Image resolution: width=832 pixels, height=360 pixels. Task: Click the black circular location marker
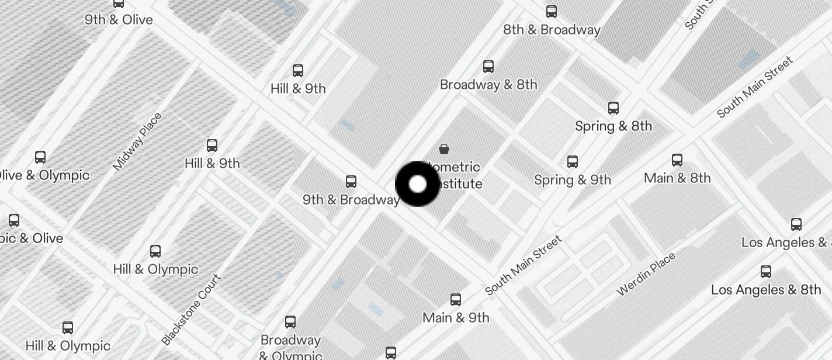pyautogui.click(x=417, y=184)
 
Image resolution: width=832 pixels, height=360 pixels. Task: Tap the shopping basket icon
pyautogui.click(x=444, y=148)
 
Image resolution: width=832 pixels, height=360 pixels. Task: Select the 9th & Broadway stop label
pyautogui.click(x=351, y=200)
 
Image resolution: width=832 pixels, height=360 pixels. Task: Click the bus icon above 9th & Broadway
pyautogui.click(x=351, y=182)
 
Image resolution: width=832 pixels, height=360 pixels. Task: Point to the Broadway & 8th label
pyautogui.click(x=488, y=85)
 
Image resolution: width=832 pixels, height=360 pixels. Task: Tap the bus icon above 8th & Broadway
pyautogui.click(x=551, y=11)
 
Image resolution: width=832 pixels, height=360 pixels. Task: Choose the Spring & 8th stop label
pyautogui.click(x=613, y=126)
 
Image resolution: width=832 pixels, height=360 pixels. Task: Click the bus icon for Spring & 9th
pyautogui.click(x=573, y=162)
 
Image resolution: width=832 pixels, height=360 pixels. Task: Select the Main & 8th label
pyautogui.click(x=677, y=178)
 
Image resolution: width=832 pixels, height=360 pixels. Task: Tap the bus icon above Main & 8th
pyautogui.click(x=677, y=160)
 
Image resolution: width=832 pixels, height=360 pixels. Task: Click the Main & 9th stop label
pyautogui.click(x=456, y=318)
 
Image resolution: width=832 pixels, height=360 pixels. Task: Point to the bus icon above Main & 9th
pyautogui.click(x=456, y=300)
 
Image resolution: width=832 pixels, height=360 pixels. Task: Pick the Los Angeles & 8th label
pyautogui.click(x=766, y=290)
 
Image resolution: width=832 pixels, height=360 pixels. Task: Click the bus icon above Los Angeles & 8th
pyautogui.click(x=766, y=272)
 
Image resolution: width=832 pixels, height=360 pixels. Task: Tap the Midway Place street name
pyautogui.click(x=137, y=142)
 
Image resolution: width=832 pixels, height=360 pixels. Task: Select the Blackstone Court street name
pyautogui.click(x=192, y=309)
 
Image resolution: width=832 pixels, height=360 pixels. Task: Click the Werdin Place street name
pyautogui.click(x=646, y=274)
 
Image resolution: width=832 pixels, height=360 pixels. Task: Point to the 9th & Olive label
pyautogui.click(x=119, y=20)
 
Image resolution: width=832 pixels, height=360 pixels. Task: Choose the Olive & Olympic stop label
pyautogui.click(x=44, y=175)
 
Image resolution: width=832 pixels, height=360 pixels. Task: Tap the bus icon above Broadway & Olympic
pyautogui.click(x=290, y=322)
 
